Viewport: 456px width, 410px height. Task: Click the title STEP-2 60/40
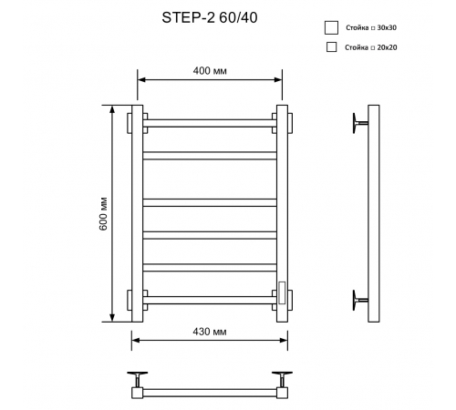(210, 17)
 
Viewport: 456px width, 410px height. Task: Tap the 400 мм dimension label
(210, 71)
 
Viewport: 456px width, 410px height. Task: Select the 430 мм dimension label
(210, 332)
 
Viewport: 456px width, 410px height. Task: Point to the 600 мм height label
(104, 214)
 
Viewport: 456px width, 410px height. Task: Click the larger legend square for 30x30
(331, 27)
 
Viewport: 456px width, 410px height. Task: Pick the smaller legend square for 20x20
(331, 47)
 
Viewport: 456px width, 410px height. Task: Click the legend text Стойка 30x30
(371, 27)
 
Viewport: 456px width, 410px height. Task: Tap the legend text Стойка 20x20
(371, 47)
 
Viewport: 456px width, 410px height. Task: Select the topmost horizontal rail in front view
(210, 123)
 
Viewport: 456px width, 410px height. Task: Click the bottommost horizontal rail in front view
(210, 300)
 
